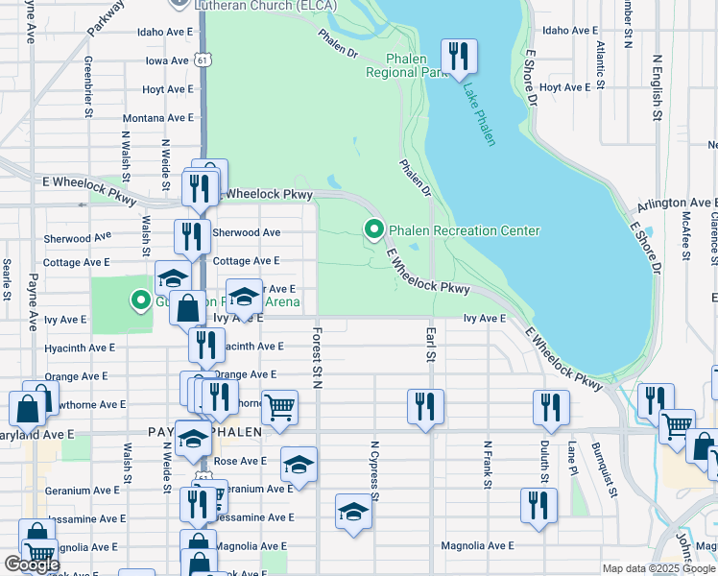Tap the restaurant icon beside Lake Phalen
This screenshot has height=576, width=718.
point(458,56)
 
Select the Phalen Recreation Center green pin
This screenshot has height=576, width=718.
point(372,230)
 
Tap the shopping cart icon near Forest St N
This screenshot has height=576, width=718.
point(279,406)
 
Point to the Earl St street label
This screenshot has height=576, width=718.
point(430,344)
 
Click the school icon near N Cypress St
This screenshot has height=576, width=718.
point(353,511)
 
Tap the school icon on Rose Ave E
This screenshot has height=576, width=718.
point(299,464)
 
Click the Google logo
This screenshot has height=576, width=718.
point(31,564)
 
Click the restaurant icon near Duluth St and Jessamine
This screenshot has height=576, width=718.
point(538,504)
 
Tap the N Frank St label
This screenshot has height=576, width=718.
point(488,466)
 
